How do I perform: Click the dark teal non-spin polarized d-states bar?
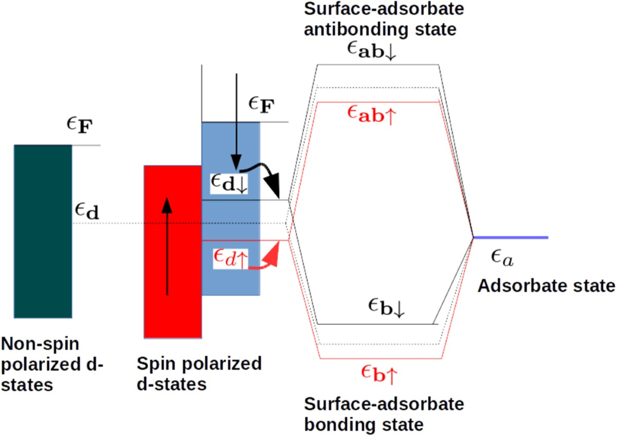pyautogui.click(x=43, y=231)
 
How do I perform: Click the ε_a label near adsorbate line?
pyautogui.click(x=500, y=260)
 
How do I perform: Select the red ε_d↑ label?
pyautogui.click(x=231, y=258)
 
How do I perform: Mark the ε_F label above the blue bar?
pyautogui.click(x=261, y=105)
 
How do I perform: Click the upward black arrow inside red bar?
pyautogui.click(x=167, y=247)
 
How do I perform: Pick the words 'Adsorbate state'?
pyautogui.click(x=546, y=285)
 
